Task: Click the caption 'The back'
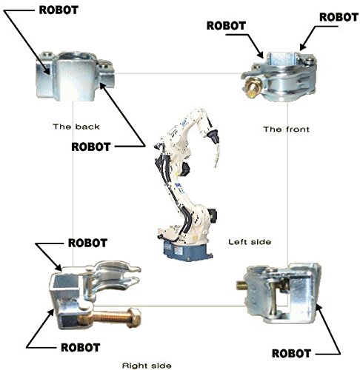[76, 127]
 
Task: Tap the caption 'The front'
[286, 129]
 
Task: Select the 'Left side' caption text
[250, 242]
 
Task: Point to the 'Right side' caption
[147, 366]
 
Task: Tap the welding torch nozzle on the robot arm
[213, 137]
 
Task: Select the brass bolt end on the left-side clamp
[241, 285]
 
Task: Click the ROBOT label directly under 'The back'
[90, 147]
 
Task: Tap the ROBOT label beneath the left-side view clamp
[291, 354]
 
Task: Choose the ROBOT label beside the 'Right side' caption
[80, 348]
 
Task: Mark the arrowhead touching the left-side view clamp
[319, 308]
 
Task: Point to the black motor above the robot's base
[213, 215]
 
